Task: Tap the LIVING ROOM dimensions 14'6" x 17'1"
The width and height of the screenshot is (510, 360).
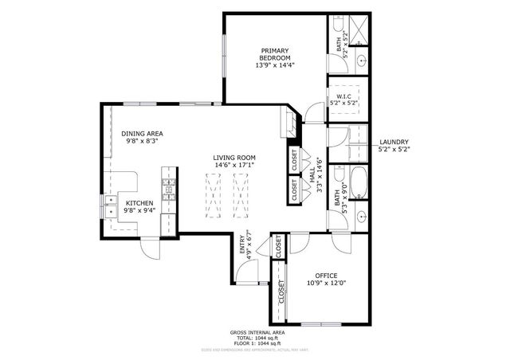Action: (x=233, y=166)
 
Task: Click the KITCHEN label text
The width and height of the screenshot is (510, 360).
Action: (x=139, y=203)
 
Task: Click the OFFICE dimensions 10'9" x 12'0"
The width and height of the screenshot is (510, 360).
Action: (x=326, y=283)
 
